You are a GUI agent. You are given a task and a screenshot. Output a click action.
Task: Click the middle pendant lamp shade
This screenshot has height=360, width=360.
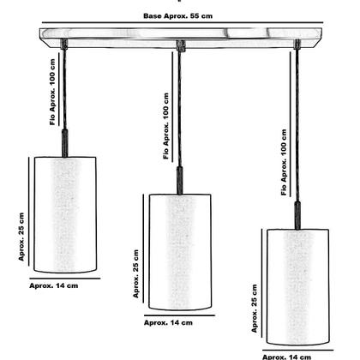click(x=179, y=252)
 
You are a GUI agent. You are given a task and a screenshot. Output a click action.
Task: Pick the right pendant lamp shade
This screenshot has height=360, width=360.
click(x=297, y=287)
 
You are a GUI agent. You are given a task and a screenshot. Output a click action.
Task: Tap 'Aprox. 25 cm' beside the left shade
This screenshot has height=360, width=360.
click(x=22, y=239)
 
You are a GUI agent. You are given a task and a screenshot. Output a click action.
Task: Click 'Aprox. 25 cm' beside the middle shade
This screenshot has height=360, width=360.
click(x=135, y=273)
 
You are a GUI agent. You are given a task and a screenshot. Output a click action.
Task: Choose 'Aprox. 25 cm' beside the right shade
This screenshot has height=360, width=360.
click(x=254, y=308)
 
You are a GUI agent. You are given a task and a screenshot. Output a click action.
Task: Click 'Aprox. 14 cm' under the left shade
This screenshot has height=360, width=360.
click(x=55, y=285)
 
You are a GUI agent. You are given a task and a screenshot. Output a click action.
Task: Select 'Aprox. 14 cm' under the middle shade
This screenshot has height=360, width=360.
click(x=168, y=323)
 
